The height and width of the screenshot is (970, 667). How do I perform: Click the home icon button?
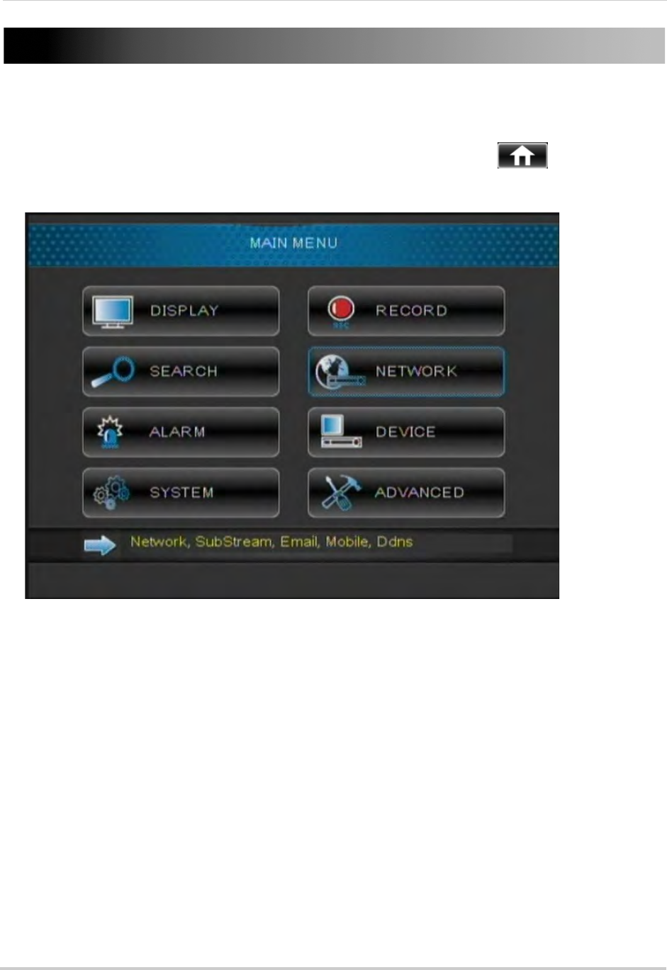coord(522,156)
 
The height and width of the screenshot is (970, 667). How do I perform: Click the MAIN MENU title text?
coord(293,243)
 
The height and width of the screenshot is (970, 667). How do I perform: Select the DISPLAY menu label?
coord(184,311)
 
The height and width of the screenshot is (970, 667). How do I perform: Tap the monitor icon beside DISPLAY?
coord(112,312)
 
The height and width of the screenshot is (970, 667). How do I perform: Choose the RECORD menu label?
coord(411,311)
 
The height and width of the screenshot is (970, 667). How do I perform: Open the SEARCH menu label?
coord(183,371)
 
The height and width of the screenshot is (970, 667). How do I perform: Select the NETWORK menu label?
coord(416,371)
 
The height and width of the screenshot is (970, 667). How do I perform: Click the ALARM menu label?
coord(177,432)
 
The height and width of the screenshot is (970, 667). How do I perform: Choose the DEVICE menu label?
coord(405,432)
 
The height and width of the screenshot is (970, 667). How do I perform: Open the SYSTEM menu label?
coord(181,493)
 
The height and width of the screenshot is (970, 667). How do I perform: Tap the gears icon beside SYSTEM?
coord(112,492)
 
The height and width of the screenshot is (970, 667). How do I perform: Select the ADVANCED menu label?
coord(420,493)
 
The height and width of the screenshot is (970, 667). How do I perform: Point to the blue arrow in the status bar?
coord(100,544)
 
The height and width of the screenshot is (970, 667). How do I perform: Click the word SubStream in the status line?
coord(234,542)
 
